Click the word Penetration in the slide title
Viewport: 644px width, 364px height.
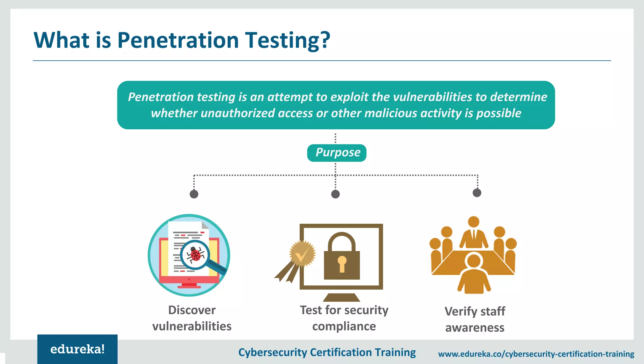coord(178,40)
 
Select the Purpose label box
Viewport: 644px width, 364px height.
coord(336,153)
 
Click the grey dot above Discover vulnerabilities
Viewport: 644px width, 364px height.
coord(194,194)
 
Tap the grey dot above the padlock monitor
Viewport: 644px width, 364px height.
coord(336,194)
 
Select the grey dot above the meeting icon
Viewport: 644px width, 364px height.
coord(477,193)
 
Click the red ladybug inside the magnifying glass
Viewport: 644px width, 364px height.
coord(196,254)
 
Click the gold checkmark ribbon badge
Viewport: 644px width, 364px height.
coord(301,254)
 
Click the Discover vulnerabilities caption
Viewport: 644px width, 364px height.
coord(192,318)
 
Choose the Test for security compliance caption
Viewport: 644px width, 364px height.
coord(344,318)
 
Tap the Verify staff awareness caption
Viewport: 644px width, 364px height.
coord(475,319)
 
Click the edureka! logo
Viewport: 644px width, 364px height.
coord(77,349)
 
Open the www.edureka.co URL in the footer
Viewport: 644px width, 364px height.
coord(536,354)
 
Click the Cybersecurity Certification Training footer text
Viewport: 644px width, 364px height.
coord(327,352)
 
